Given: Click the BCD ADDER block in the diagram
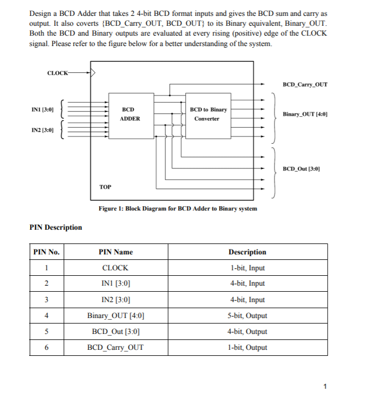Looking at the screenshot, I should pos(130,114).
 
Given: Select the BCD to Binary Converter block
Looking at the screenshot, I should pos(208,114).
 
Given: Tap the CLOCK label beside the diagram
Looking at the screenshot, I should pos(57,72).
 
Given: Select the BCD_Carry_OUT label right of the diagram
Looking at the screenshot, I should pos(305,84).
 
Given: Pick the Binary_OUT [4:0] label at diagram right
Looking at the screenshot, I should pos(305,114).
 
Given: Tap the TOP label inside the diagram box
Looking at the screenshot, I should pos(105,187).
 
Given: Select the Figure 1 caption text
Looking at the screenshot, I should pos(178,208).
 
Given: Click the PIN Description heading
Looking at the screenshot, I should pos(55,228).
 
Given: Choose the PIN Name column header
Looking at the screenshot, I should pos(116,252).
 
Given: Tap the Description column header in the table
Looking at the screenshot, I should pos(247,252).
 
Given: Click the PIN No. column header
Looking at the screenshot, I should pos(47,252).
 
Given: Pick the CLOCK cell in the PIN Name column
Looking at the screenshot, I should pos(116,268).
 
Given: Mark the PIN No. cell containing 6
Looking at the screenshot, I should pos(47,348).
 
